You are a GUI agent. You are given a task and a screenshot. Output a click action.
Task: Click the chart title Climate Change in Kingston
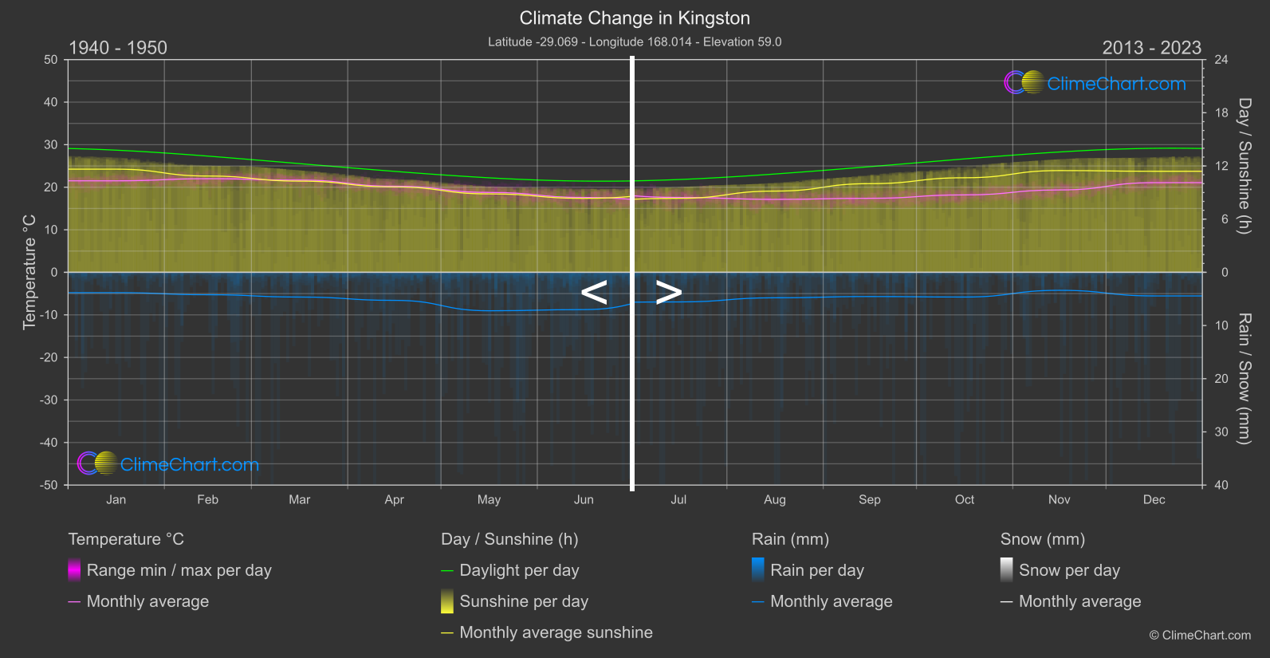(635, 18)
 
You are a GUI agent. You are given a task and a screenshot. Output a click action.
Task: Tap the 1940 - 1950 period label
(118, 48)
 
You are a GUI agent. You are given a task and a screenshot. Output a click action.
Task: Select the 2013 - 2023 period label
(1151, 48)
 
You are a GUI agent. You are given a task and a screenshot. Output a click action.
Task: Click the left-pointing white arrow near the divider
(594, 293)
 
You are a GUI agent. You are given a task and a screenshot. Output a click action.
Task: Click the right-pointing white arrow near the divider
(668, 293)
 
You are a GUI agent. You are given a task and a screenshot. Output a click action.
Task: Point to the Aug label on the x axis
(774, 499)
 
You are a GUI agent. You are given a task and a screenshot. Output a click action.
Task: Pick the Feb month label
(207, 499)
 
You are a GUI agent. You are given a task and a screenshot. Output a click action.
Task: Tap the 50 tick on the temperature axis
(51, 60)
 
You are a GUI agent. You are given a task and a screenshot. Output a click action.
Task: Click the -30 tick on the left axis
(49, 400)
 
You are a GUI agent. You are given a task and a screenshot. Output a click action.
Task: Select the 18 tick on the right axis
(1221, 112)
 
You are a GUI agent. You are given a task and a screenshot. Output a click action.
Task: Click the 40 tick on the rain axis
(1221, 485)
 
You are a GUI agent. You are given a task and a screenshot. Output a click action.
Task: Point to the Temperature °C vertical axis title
(29, 271)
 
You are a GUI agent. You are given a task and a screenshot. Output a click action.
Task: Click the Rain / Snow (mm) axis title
(1244, 378)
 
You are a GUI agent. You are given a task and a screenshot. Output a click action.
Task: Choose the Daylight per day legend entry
(519, 570)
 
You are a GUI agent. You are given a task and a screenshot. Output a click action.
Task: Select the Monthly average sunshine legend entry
(556, 632)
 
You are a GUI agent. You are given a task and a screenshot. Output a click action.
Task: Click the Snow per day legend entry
(1069, 570)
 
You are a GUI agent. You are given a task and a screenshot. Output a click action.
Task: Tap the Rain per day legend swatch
(758, 570)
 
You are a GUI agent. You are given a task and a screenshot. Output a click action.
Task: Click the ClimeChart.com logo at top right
(1095, 83)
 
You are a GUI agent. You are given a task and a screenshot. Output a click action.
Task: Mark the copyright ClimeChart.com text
(1200, 635)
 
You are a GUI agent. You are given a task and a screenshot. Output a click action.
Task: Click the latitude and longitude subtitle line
(635, 41)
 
